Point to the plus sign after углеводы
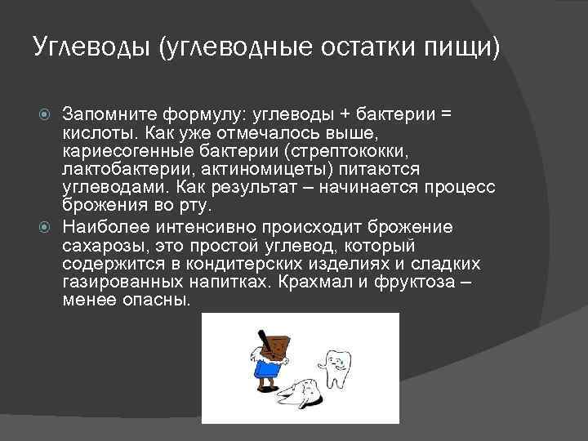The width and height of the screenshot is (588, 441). [x=342, y=114]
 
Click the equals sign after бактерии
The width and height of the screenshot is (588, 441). [x=445, y=114]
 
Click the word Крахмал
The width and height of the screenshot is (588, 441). [x=310, y=282]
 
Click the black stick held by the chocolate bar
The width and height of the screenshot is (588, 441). [x=264, y=336]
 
